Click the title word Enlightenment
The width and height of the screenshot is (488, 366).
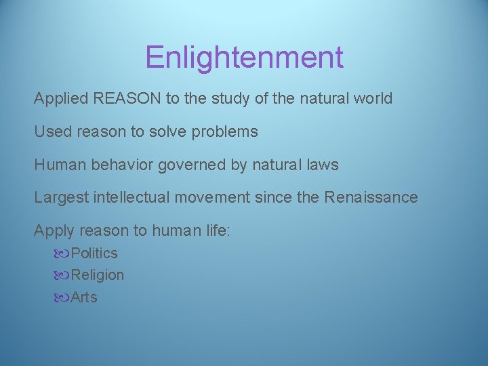[244, 58]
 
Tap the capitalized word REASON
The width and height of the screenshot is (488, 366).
[127, 98]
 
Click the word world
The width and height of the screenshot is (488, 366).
[371, 98]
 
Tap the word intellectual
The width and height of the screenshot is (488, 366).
[125, 198]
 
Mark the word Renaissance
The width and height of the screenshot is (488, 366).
[371, 198]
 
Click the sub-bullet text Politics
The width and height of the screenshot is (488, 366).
[94, 253]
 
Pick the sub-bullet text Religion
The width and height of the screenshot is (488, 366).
[98, 275]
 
